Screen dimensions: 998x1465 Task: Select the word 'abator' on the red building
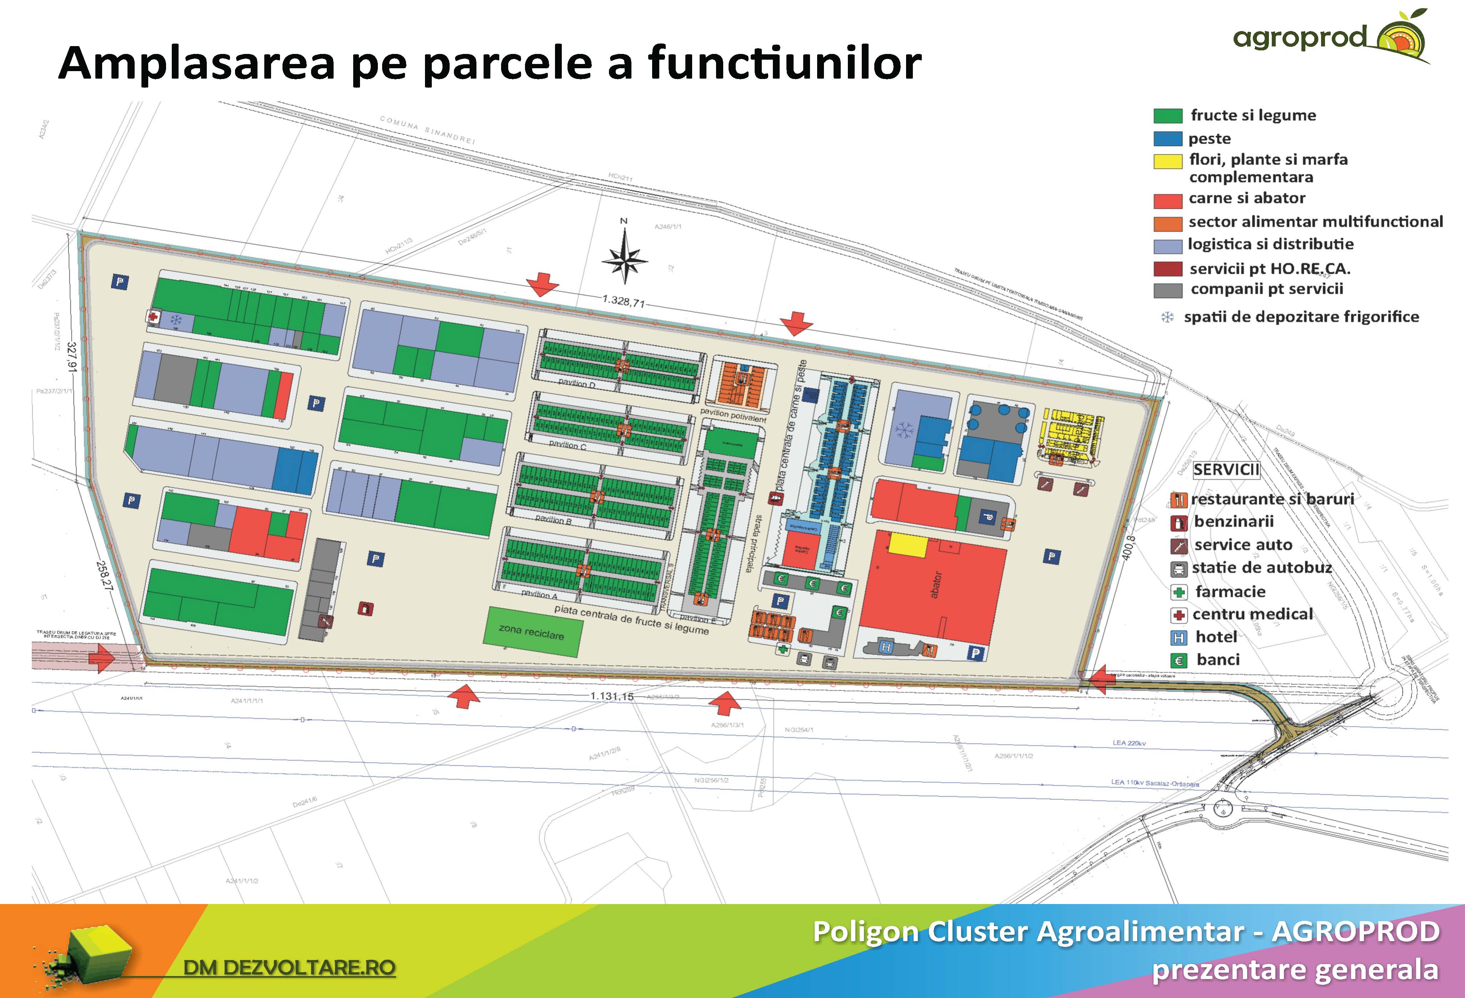935,585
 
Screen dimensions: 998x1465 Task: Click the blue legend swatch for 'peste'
1167,139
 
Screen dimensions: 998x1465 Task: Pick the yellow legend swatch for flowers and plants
1167,162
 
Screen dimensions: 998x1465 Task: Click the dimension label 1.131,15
611,696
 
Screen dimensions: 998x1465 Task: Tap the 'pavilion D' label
577,383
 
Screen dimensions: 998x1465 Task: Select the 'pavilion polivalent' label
733,414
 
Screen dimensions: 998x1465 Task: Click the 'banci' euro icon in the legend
1178,660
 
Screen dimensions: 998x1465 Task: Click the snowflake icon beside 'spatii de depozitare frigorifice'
1167,317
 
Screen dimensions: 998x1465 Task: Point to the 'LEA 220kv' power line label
1129,743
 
